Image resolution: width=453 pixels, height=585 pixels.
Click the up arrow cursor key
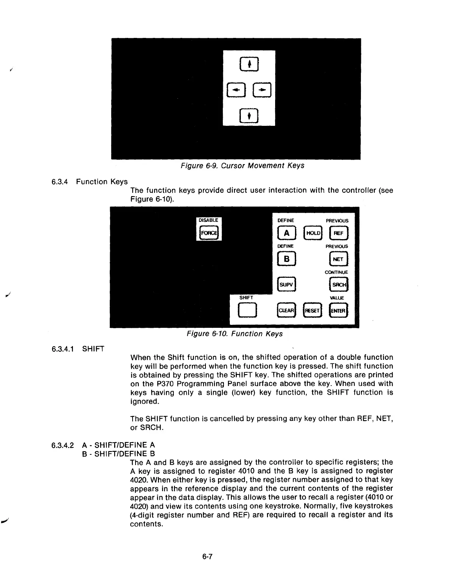click(x=249, y=64)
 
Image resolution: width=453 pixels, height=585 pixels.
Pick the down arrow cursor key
click(x=249, y=116)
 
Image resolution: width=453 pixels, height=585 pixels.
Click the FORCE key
click(x=208, y=233)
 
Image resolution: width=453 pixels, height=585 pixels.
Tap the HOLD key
click(x=313, y=233)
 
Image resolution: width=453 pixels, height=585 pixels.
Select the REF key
click(x=338, y=233)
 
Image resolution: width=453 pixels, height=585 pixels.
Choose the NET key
click(x=338, y=259)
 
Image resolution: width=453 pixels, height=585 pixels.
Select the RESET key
click(x=312, y=311)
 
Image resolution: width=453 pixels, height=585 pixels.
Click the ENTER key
click(x=338, y=311)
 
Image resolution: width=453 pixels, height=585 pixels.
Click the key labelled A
click(x=287, y=233)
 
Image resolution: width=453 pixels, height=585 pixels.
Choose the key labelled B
click(x=287, y=259)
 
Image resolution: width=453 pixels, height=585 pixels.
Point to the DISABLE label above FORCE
click(x=208, y=220)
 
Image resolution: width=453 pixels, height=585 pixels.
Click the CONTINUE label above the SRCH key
click(x=336, y=272)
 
